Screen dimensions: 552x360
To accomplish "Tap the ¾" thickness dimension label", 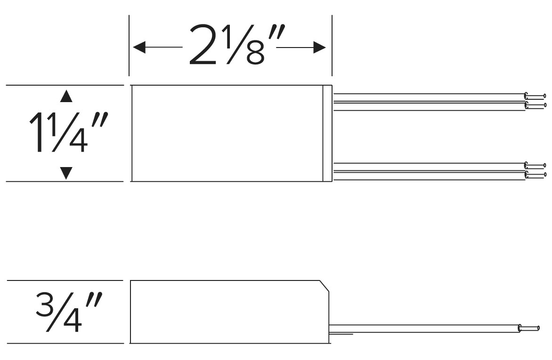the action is tap(69, 312).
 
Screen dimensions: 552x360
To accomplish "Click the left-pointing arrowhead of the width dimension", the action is tap(139, 47).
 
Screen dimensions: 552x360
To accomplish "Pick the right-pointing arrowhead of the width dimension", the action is tap(320, 47).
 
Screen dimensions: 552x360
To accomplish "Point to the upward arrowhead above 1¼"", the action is tap(66, 96).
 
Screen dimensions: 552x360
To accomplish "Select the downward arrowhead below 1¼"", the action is tap(66, 173).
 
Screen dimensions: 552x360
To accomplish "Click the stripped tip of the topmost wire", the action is tap(535, 96).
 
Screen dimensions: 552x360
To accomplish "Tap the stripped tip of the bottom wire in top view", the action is tap(535, 175).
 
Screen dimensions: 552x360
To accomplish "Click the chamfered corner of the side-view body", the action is tap(324, 286).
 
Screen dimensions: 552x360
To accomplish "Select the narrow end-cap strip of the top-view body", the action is tap(327, 133).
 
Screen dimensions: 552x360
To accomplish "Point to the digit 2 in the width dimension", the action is tap(203, 45).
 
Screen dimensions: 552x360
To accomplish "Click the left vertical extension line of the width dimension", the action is tap(129, 45).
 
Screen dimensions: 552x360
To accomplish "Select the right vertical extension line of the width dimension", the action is tap(332, 45).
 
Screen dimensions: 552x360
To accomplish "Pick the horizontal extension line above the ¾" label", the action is tap(65, 280).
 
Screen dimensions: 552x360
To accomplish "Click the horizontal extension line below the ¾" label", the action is tap(65, 343).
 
